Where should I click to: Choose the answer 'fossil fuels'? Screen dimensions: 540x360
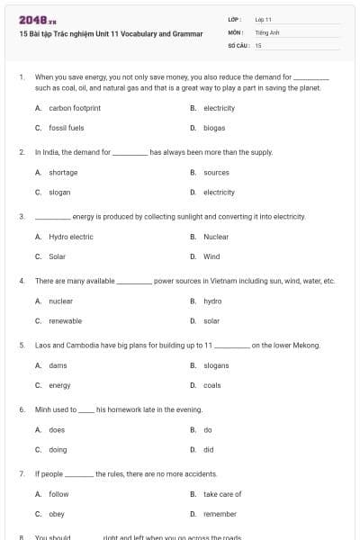tap(66, 128)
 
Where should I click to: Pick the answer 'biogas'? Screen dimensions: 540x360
tap(213, 128)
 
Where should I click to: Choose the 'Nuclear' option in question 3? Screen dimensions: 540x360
tap(215, 237)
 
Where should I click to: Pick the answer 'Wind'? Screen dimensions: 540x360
tap(211, 256)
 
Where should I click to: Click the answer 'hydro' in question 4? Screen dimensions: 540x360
tap(211, 301)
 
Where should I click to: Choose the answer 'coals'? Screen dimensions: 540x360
tap(211, 385)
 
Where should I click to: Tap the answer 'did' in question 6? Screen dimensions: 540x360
tap(208, 449)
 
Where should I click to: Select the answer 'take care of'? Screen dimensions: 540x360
tap(222, 494)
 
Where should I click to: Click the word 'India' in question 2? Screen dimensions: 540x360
tap(48, 152)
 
